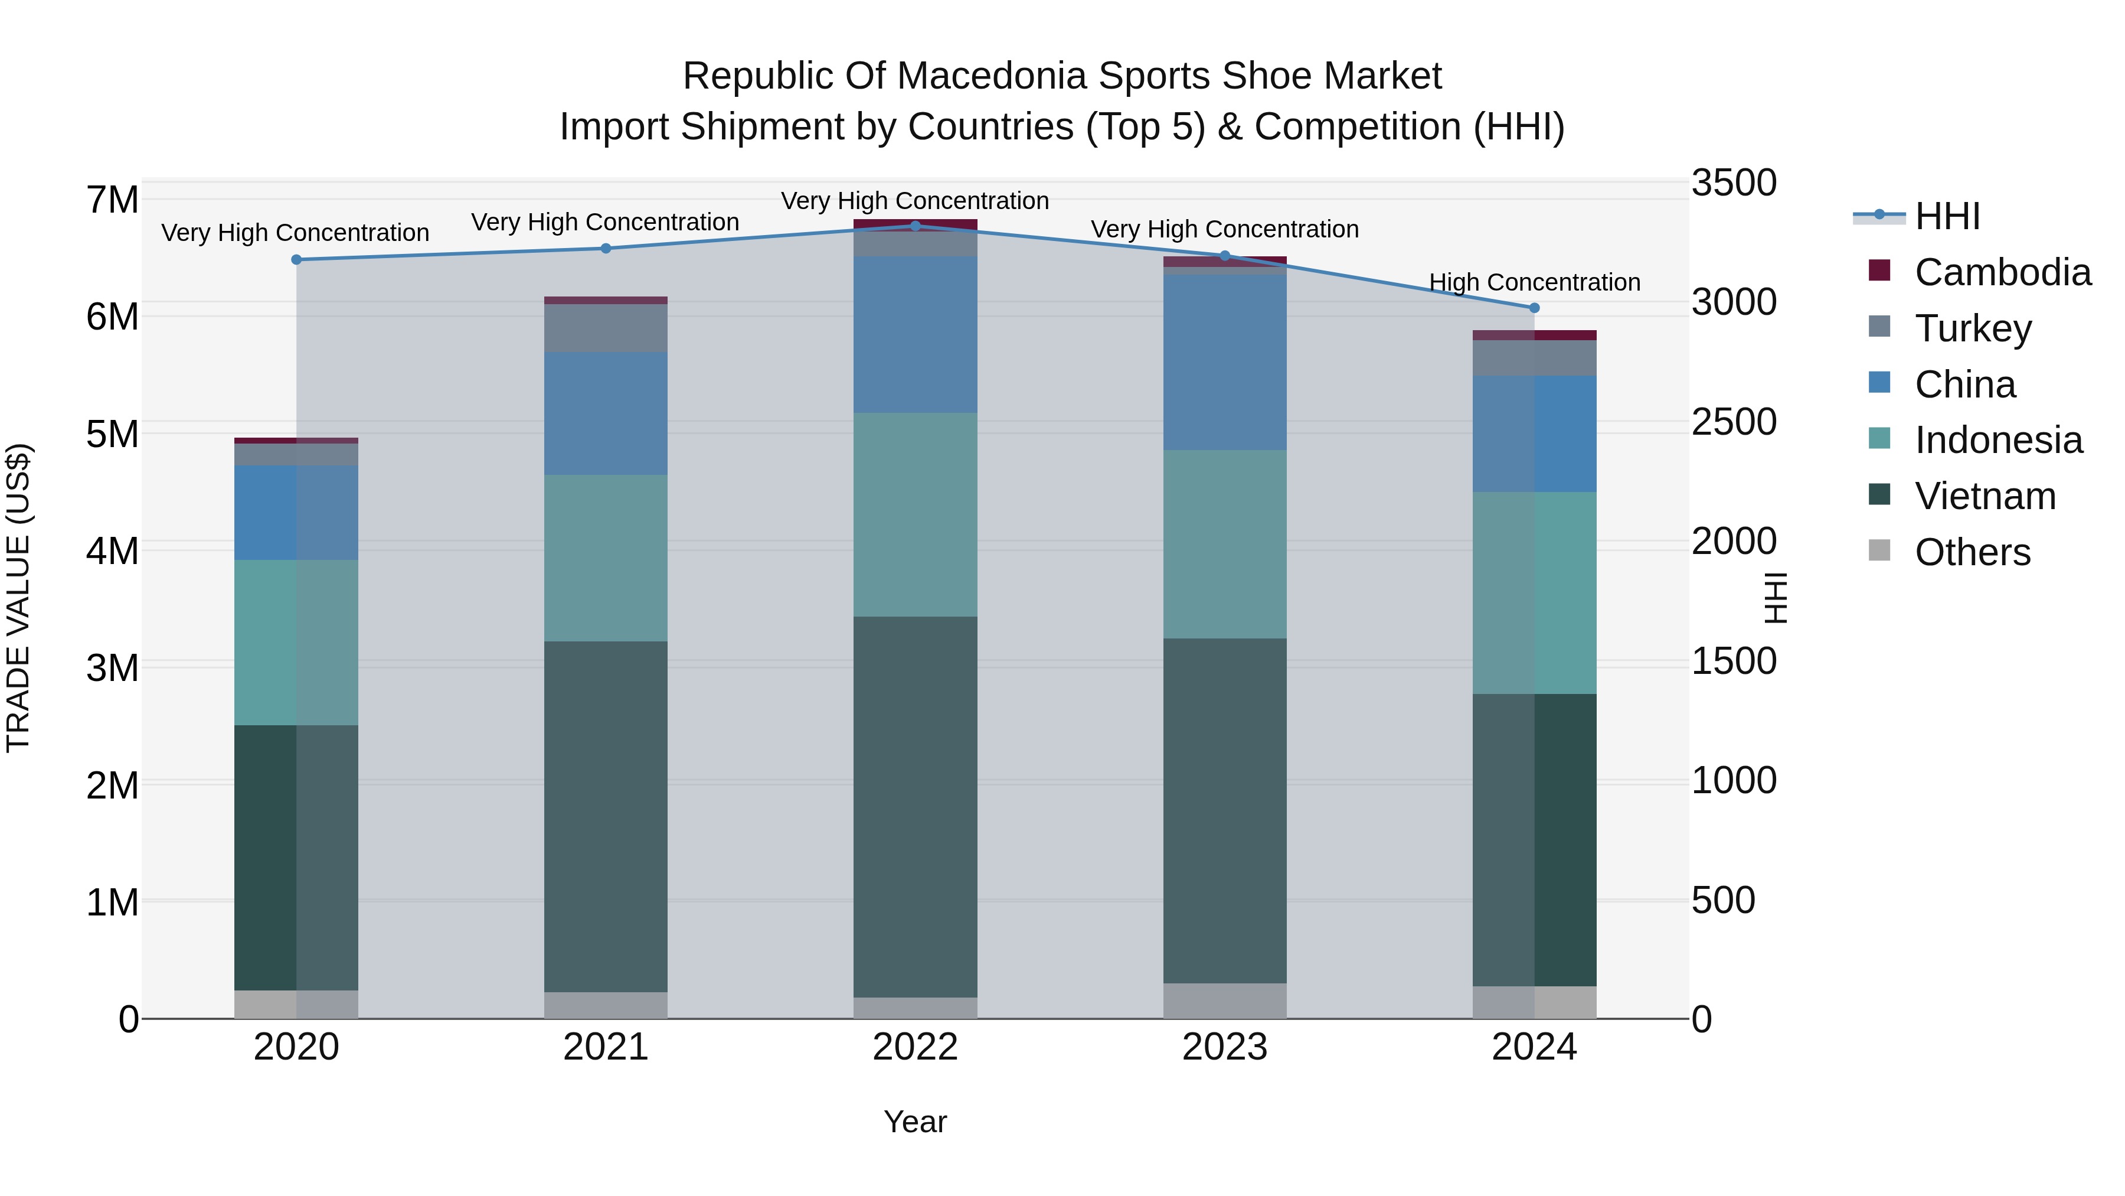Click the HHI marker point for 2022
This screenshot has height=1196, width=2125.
click(x=915, y=226)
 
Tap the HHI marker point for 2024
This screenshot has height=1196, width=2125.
click(x=1534, y=308)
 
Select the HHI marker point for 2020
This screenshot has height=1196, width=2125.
click(x=296, y=260)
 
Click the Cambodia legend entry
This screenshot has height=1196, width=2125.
click(x=2002, y=272)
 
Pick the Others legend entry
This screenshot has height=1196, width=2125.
click(x=1972, y=552)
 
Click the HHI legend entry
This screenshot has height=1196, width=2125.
click(x=1946, y=216)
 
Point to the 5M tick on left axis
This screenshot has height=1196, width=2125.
click(x=112, y=434)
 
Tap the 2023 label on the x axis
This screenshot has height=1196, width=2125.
click(x=1224, y=1047)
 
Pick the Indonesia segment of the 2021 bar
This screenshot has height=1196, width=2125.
click(x=606, y=558)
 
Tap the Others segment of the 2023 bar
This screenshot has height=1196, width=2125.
click(x=1224, y=1001)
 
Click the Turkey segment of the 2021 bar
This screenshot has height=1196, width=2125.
click(x=606, y=328)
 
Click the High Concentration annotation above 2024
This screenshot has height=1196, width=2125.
click(x=1534, y=282)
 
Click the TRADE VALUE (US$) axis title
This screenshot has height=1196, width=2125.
click(x=18, y=598)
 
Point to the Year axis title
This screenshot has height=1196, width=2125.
click(x=915, y=1122)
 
